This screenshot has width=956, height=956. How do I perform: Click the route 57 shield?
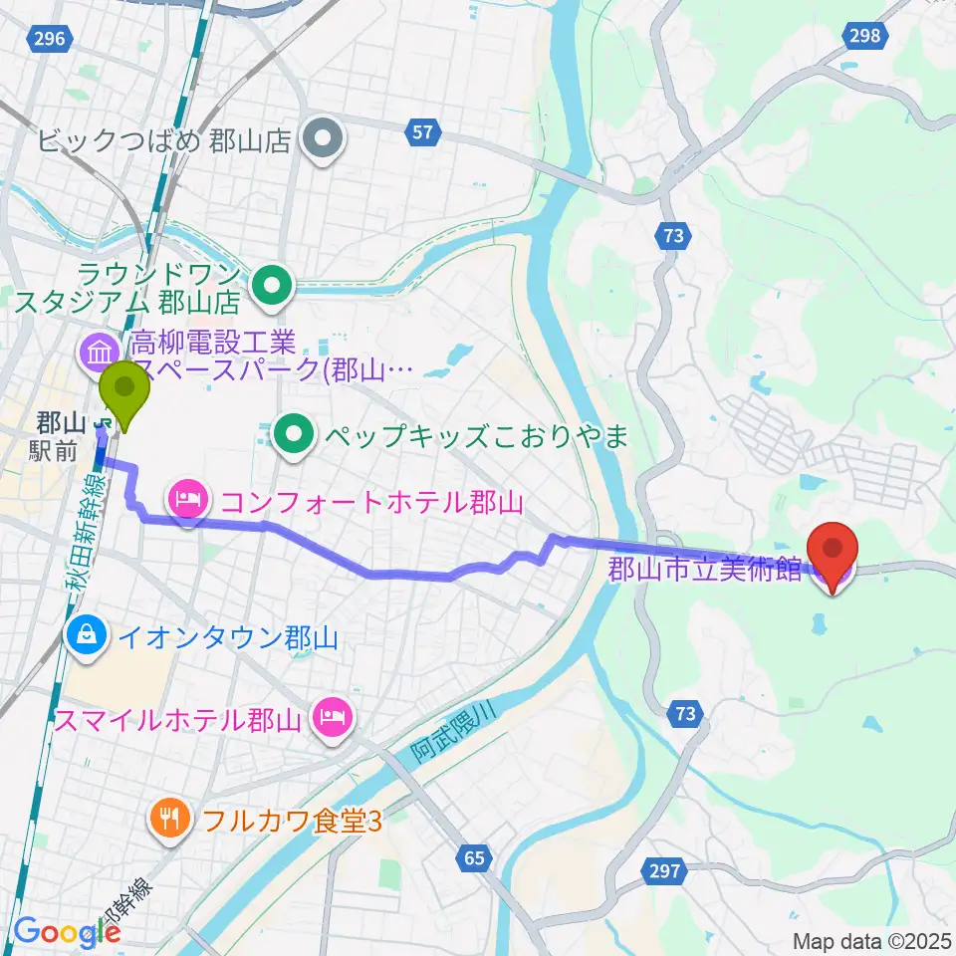tap(423, 131)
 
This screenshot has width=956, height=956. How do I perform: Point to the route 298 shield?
tap(865, 36)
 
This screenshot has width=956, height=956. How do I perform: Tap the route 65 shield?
tap(477, 856)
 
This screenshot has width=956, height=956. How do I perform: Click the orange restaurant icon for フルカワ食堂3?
tap(168, 820)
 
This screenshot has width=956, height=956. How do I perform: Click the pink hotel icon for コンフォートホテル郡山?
tap(189, 497)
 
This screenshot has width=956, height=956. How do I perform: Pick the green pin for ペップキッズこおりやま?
tap(293, 433)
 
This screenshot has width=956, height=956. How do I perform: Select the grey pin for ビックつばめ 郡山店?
tap(325, 138)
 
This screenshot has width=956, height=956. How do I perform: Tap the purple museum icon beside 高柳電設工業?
tap(100, 351)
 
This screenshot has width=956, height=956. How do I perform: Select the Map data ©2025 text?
tap(871, 940)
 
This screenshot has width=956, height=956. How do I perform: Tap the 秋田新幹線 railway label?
tap(84, 543)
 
